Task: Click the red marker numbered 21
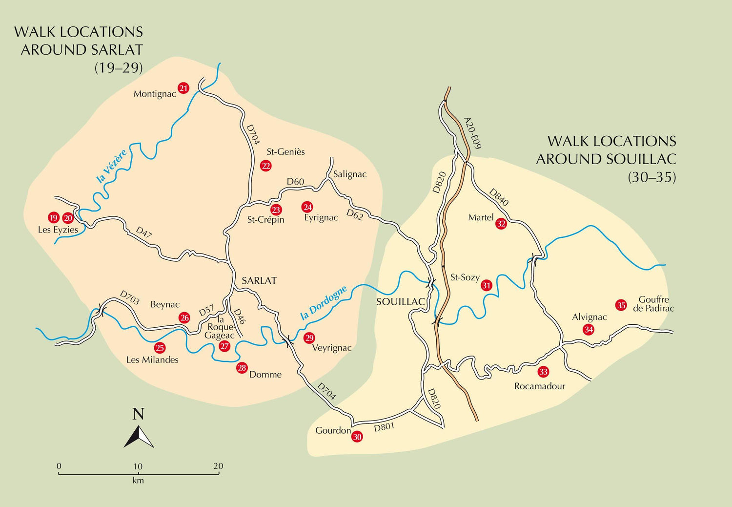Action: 183,88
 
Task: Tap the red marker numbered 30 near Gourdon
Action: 357,437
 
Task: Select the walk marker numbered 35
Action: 621,305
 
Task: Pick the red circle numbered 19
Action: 54,218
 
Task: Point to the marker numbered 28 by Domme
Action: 242,368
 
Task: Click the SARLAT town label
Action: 259,281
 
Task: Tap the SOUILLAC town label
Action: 401,302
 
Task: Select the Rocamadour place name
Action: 539,386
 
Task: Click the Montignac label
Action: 155,94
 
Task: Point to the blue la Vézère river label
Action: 112,166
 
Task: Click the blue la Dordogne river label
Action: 324,303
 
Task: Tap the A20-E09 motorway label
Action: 472,133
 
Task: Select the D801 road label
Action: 384,427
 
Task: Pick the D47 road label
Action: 144,232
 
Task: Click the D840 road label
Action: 499,197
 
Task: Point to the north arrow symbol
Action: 139,436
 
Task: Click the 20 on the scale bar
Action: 218,466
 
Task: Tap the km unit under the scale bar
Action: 138,481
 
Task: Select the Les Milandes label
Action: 152,360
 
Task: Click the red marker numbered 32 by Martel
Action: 501,224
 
